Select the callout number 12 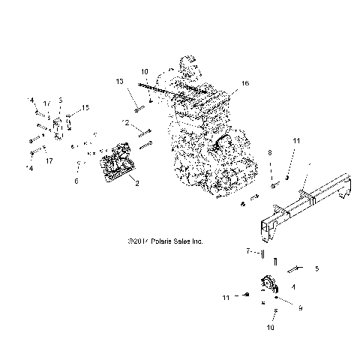tap(127, 122)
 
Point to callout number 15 tap(85, 108)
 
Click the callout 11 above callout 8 tap(295, 140)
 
